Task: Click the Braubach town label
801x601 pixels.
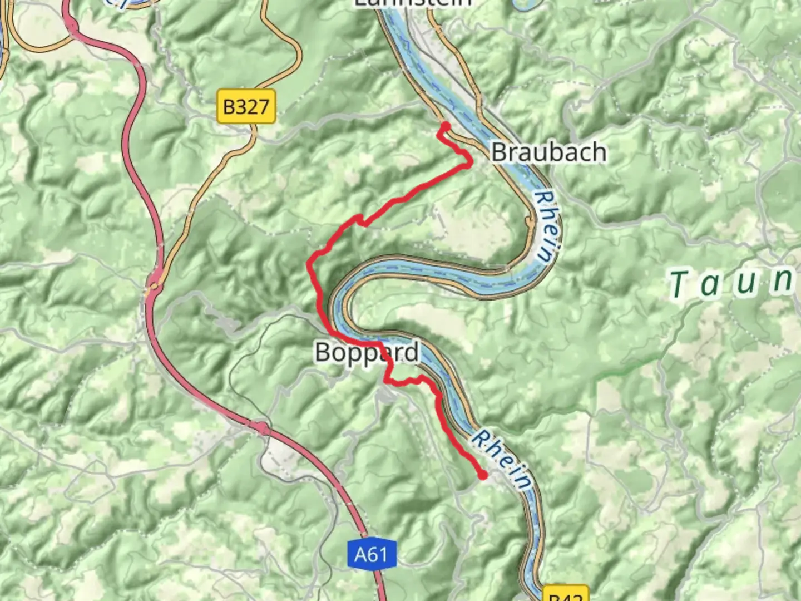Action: (548, 152)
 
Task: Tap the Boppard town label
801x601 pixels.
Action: (367, 352)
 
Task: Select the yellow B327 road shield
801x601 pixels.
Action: (246, 106)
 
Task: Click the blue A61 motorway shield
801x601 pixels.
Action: (371, 554)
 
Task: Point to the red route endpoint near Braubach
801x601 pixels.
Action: (445, 126)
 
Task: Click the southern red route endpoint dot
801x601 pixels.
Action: (483, 475)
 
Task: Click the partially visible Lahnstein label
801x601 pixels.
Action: (413, 3)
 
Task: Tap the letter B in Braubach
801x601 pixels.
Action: (500, 152)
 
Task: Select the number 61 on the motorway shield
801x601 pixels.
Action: (378, 554)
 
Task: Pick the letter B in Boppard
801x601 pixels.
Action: (323, 352)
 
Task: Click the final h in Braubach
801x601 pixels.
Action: (599, 152)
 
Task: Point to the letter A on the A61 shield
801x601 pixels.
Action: (362, 554)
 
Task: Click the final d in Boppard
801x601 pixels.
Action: (411, 352)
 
